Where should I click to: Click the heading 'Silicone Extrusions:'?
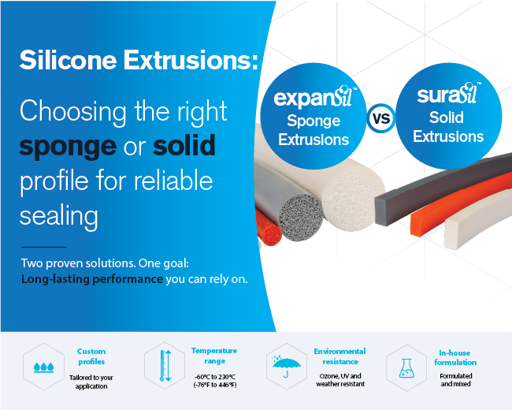tap(139, 60)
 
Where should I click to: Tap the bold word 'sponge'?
tap(68, 147)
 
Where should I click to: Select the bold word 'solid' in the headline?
tap(184, 145)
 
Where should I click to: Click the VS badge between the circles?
tap(381, 118)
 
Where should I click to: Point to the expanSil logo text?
tap(315, 98)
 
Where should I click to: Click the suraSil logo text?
tap(448, 94)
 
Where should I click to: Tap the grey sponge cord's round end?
tap(300, 218)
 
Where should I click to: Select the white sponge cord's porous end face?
tap(353, 199)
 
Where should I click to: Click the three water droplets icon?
tap(44, 367)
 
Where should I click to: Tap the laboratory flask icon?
tap(407, 368)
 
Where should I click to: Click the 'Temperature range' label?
tap(214, 356)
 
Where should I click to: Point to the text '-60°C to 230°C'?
tap(215, 377)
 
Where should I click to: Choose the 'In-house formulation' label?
tap(455, 358)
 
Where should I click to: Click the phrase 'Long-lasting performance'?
tap(92, 279)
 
